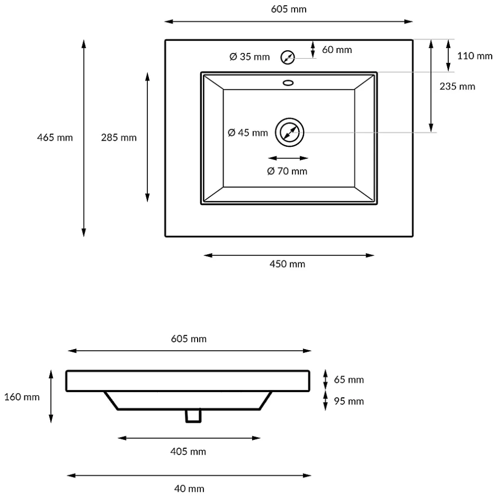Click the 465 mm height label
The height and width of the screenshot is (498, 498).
coord(55,138)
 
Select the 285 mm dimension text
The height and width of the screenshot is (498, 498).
coord(119,138)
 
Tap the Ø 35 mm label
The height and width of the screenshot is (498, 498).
coord(250,57)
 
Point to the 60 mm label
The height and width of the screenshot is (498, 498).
coord(337,50)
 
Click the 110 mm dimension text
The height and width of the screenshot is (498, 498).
coord(475,56)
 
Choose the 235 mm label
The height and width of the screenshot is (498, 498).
coord(457,86)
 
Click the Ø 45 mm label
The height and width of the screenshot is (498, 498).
coord(248,133)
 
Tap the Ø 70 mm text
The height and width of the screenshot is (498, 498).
coord(287,171)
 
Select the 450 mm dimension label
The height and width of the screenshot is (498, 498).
coord(288,264)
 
